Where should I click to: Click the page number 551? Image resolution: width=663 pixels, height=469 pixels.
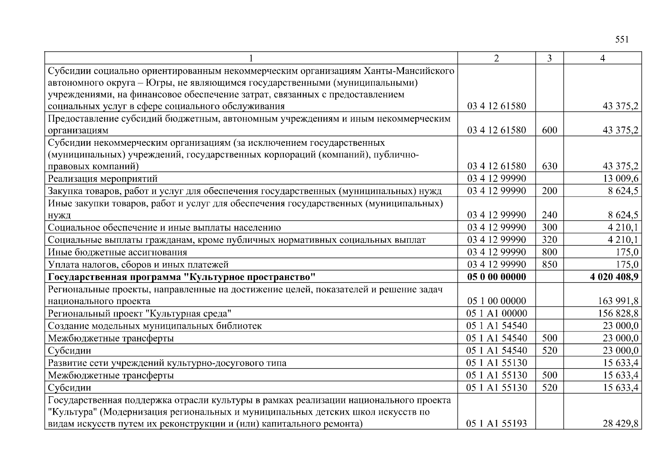(x=622, y=40)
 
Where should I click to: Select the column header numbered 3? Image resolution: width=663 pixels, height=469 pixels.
(x=549, y=58)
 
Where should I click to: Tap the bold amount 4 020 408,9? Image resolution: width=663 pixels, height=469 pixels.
(x=614, y=277)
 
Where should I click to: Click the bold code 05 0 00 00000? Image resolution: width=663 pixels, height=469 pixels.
(x=497, y=277)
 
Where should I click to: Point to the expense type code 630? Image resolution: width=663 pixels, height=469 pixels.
(x=549, y=166)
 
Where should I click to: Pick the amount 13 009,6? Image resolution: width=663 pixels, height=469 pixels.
(x=620, y=179)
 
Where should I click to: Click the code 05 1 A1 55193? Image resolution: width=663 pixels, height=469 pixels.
(x=497, y=423)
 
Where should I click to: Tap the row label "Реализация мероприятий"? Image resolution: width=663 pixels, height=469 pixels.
(x=103, y=179)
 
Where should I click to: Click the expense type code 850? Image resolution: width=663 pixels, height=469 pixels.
(x=549, y=265)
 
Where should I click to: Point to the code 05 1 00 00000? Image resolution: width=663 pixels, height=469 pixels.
(x=497, y=301)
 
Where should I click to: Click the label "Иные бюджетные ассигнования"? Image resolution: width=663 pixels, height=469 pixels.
(x=118, y=252)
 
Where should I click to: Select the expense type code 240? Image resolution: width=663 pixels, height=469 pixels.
(x=549, y=215)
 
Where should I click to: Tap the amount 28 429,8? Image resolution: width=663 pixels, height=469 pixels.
(x=620, y=423)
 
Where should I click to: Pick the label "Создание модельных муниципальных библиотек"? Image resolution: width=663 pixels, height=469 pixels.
(x=155, y=326)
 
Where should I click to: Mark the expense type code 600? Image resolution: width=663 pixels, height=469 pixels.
(x=549, y=130)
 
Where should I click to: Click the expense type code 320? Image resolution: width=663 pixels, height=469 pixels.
(x=549, y=240)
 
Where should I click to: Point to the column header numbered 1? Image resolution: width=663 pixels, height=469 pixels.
(x=251, y=58)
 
